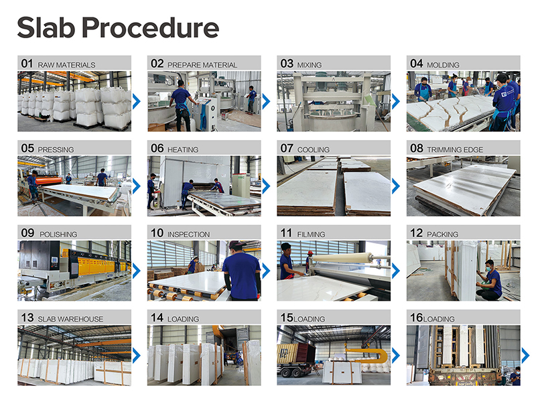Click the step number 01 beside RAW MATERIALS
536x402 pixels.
point(27,64)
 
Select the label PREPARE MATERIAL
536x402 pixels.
point(202,65)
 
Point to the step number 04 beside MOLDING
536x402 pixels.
point(417,64)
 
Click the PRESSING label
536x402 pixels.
point(56,149)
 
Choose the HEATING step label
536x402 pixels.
point(183,149)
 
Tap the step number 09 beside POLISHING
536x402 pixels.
point(27,233)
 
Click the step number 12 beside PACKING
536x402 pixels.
point(417,233)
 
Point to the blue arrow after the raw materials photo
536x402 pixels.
point(137,101)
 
